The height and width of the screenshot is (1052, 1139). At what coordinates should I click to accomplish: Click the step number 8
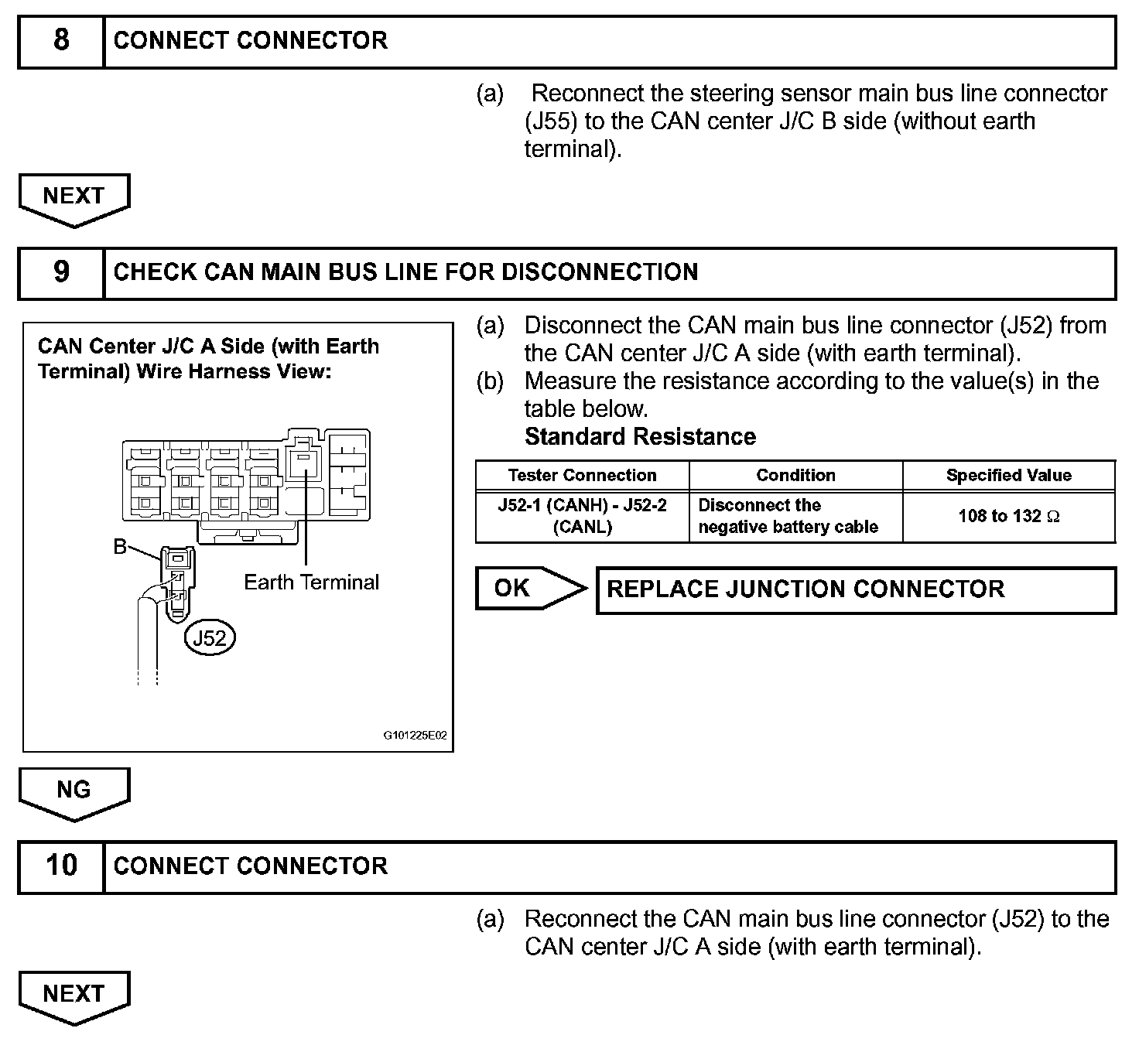(61, 40)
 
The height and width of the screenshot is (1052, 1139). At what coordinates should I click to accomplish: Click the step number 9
(61, 272)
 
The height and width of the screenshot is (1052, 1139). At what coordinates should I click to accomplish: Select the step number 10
(61, 866)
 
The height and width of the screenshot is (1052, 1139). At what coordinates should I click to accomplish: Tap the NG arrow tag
(74, 791)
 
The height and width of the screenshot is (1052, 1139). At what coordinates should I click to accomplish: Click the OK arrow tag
(526, 589)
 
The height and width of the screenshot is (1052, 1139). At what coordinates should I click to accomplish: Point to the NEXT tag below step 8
(74, 196)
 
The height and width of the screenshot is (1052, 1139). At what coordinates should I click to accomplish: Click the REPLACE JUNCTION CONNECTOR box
(855, 590)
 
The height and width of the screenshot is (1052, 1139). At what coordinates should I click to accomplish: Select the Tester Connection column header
(582, 475)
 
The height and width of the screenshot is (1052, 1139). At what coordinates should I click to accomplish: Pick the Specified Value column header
(1008, 475)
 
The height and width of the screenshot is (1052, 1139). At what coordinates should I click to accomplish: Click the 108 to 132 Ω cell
(1008, 516)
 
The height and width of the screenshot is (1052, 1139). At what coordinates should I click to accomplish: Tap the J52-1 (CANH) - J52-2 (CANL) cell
(582, 516)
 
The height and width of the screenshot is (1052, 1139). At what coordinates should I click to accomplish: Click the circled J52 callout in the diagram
(210, 638)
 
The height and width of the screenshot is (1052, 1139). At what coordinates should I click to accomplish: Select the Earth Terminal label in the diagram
(311, 582)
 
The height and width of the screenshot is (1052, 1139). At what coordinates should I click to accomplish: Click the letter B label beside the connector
(120, 547)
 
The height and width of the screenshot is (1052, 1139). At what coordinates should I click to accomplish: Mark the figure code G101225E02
(415, 736)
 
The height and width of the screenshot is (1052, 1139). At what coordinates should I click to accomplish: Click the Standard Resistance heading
(640, 437)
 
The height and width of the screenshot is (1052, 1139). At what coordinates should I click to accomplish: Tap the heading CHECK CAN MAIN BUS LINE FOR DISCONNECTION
(405, 272)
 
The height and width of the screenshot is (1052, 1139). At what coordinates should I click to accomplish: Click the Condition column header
(795, 475)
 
